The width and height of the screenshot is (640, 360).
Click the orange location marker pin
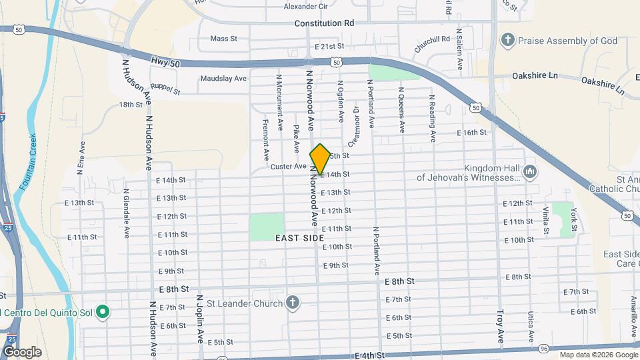click(x=320, y=159)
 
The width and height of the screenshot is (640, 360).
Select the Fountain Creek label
click(x=28, y=160)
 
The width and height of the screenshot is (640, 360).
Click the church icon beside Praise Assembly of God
click(x=508, y=41)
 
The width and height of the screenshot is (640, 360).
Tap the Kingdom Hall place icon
click(x=530, y=173)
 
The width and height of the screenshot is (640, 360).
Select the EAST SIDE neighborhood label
click(x=299, y=237)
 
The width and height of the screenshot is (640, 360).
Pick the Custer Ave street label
click(x=288, y=166)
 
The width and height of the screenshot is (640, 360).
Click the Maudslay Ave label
click(x=223, y=78)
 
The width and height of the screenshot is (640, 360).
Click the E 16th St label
click(x=472, y=133)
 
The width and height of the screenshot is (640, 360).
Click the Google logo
click(x=21, y=351)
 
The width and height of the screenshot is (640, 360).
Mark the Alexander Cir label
click(x=305, y=7)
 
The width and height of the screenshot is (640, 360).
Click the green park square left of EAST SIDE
click(x=267, y=227)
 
